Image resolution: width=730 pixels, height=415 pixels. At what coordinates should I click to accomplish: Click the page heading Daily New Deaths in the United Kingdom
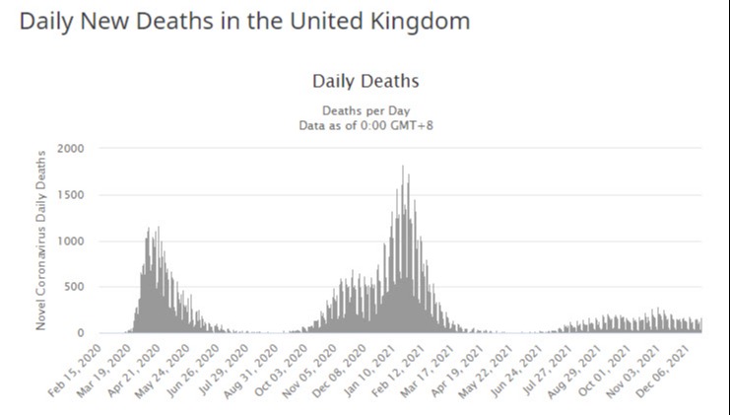click(244, 21)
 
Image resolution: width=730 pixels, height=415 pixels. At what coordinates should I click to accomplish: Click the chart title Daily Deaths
click(365, 81)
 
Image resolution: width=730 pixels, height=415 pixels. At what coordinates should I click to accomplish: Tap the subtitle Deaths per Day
click(365, 110)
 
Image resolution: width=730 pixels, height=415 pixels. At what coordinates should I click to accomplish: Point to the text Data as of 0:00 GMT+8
click(365, 125)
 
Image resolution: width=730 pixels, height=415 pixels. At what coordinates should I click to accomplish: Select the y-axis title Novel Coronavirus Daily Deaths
click(41, 240)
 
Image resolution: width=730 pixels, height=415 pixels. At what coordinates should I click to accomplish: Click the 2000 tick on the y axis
click(72, 148)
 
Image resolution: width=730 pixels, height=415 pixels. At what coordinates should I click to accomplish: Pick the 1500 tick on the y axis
click(72, 194)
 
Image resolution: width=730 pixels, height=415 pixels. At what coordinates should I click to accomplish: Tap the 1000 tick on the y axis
click(72, 241)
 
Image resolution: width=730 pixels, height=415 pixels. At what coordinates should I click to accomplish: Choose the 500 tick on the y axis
click(75, 287)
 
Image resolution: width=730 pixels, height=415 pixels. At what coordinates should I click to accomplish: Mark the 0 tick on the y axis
click(81, 333)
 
